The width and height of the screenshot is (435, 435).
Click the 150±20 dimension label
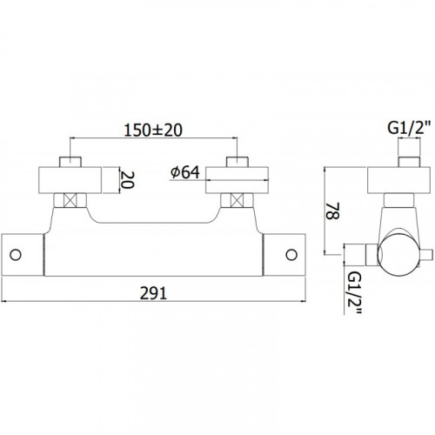(153, 130)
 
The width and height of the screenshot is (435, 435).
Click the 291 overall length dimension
(153, 293)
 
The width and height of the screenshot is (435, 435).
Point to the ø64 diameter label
(185, 172)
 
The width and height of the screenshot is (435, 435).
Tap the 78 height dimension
(332, 211)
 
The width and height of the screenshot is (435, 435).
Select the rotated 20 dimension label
(127, 180)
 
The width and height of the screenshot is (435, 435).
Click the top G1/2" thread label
(409, 128)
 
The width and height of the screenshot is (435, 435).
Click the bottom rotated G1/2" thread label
(354, 293)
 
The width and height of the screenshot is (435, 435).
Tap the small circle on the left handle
(16, 255)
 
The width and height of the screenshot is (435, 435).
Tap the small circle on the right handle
(291, 255)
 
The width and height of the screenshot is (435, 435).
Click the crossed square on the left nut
(70, 200)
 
